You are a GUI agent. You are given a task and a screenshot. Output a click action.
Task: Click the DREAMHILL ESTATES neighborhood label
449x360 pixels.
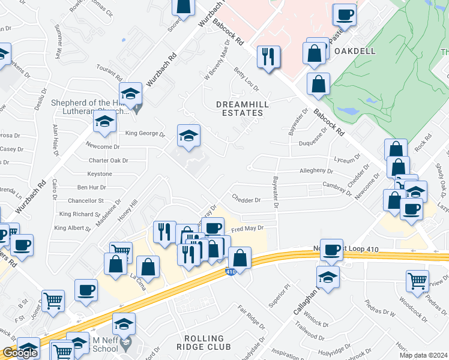(x=240, y=109)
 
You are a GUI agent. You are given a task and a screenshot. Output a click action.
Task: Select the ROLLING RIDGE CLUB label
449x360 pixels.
(x=203, y=343)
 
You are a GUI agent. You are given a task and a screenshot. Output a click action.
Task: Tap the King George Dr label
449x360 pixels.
(x=145, y=134)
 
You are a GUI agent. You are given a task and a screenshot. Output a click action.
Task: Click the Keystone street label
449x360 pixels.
(x=100, y=174)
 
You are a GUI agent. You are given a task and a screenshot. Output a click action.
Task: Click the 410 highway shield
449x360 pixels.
(x=231, y=272)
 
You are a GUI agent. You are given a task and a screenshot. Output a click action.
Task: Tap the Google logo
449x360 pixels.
(x=20, y=353)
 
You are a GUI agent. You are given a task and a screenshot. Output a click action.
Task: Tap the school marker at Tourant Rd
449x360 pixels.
(x=130, y=94)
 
